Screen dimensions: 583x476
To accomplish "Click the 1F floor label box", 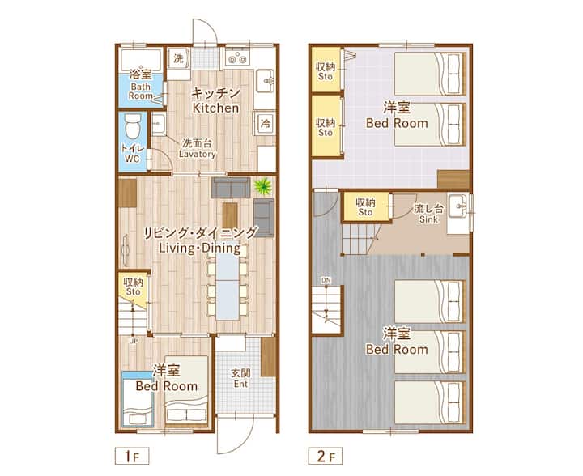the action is click(x=132, y=456).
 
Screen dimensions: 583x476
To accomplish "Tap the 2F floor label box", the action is click(x=326, y=456).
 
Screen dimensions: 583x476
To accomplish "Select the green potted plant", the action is click(x=263, y=186).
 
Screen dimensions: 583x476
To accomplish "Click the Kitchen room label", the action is click(x=215, y=108).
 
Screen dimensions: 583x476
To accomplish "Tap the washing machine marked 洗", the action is click(x=179, y=58).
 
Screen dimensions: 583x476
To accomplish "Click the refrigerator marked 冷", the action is click(x=265, y=123).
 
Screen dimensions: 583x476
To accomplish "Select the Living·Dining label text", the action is click(x=200, y=248).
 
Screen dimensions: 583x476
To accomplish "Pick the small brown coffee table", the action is click(x=230, y=215).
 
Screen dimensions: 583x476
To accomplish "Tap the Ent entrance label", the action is click(x=241, y=384).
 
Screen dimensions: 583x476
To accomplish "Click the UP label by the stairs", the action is click(x=133, y=341).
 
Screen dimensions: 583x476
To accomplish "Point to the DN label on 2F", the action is click(x=326, y=280).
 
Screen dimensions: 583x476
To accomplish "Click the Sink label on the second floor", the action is click(x=428, y=219).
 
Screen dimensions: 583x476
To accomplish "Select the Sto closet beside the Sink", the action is click(x=366, y=207).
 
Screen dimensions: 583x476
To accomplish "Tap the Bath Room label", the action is click(x=141, y=91).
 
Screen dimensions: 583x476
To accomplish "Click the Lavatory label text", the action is click(x=197, y=154).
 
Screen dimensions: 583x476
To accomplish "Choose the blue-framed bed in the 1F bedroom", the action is click(x=138, y=399).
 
